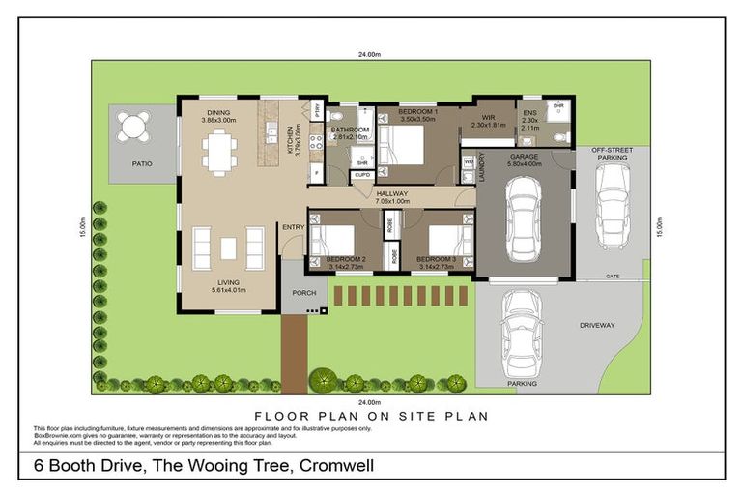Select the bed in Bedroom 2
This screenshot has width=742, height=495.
(x=332, y=239)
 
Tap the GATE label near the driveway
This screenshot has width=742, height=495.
(x=612, y=276)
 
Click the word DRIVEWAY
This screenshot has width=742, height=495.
(x=597, y=325)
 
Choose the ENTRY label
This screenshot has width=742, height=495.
(x=292, y=227)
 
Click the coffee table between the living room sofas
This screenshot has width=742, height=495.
(x=228, y=247)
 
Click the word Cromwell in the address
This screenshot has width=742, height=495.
(x=337, y=466)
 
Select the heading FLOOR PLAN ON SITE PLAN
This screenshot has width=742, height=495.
(x=372, y=416)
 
